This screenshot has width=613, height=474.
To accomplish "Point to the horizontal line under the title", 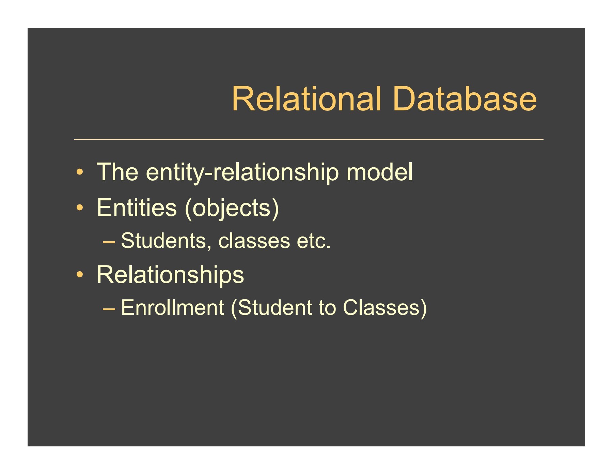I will coord(309,139).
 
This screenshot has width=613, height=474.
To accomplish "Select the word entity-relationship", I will coord(242,172).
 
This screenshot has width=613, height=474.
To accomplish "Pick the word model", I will coord(379,172).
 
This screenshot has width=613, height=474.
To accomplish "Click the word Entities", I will coord(137,208).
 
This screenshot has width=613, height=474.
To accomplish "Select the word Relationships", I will coord(170,275).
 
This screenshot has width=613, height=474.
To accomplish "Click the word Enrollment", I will coord(172,307).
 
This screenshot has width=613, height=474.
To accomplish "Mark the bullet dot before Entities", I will coord(79,208).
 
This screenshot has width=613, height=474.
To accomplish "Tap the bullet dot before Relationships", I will coord(79,274).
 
